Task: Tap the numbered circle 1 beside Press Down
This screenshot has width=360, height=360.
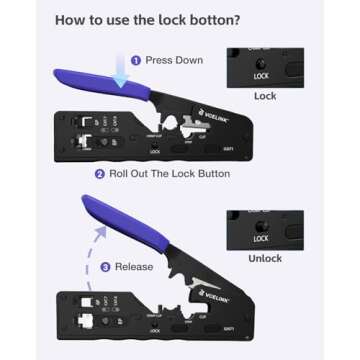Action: click(x=137, y=61)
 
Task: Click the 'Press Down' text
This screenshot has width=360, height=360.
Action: click(x=174, y=61)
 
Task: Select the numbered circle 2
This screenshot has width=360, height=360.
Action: click(x=100, y=174)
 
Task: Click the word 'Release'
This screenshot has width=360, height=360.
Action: click(x=135, y=267)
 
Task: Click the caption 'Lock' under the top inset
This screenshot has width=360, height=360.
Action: click(x=265, y=97)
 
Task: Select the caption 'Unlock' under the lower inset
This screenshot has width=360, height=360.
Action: click(x=265, y=259)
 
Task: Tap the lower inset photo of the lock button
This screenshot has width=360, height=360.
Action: click(x=265, y=229)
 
